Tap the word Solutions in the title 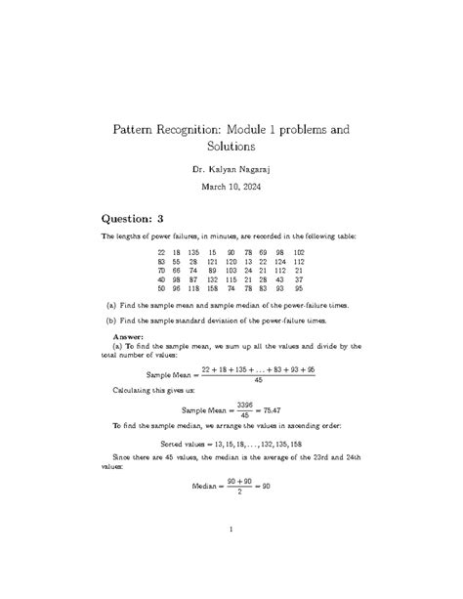[x=231, y=147]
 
